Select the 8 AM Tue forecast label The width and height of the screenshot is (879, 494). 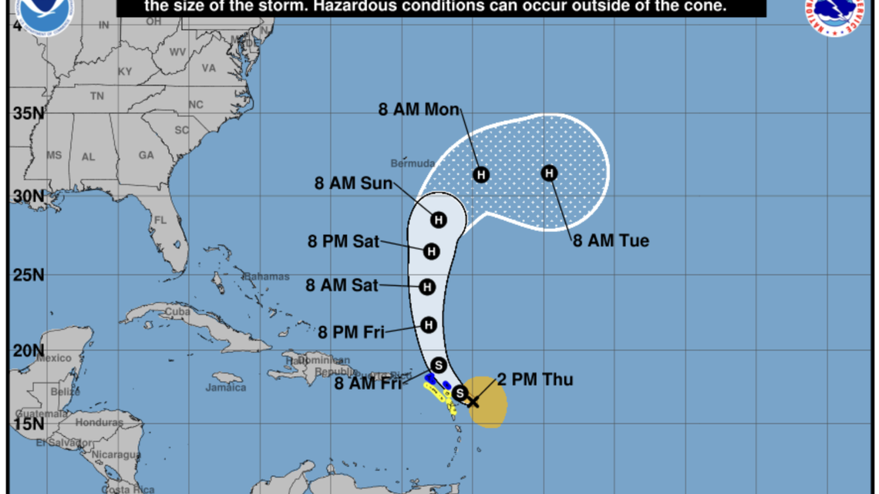point(611,241)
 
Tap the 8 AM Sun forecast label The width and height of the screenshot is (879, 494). point(354,183)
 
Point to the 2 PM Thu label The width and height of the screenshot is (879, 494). point(534,378)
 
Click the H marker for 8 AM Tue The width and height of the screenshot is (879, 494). point(549,173)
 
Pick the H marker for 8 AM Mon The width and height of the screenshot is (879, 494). point(481,174)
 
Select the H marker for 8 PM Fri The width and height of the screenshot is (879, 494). point(429,325)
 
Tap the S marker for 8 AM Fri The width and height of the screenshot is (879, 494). point(439,365)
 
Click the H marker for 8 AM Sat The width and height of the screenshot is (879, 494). point(427,287)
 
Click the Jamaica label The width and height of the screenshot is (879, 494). point(226,388)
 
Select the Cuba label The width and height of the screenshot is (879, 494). point(178,311)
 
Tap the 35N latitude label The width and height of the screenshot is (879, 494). point(28,113)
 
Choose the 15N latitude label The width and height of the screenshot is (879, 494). point(28,424)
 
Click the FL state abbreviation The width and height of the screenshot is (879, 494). point(160,220)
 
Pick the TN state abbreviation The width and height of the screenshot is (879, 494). point(97,96)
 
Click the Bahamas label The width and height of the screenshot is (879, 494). point(266,276)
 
